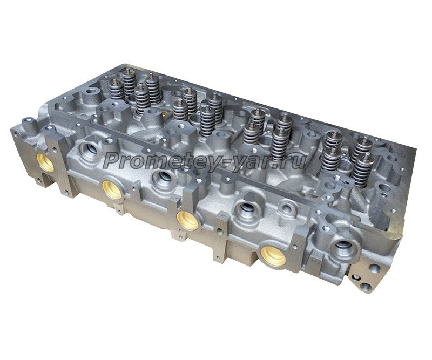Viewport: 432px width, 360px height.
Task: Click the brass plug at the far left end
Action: click(45, 162)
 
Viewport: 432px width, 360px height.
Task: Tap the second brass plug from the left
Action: click(112, 189)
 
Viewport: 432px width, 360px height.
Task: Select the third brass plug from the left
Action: click(187, 220)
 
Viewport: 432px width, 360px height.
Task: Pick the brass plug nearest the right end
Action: click(273, 256)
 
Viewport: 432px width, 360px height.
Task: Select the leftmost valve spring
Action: click(116, 89)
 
